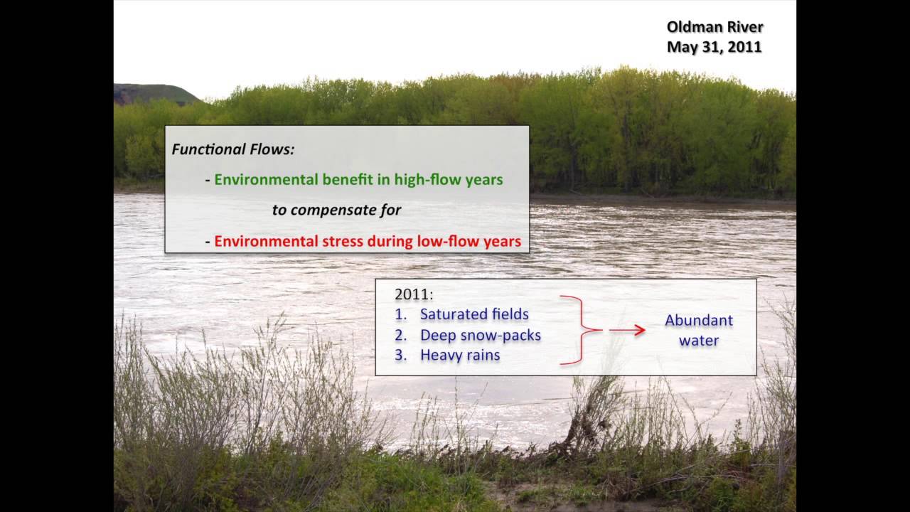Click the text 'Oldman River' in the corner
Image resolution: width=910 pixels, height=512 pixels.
714,27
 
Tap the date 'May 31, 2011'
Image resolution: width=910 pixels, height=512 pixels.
714,47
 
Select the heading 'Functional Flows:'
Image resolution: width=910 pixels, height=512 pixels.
232,150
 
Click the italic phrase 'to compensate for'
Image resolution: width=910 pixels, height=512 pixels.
336,210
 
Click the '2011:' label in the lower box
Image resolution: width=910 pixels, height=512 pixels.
414,294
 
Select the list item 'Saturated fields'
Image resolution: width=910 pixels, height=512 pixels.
474,314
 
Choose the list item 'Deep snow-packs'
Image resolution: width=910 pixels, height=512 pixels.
480,335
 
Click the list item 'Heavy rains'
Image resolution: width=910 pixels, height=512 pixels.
459,355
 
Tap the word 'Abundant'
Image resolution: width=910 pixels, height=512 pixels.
698,320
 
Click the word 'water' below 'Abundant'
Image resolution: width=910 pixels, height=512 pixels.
698,341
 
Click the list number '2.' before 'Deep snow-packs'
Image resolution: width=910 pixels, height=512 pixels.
400,335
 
